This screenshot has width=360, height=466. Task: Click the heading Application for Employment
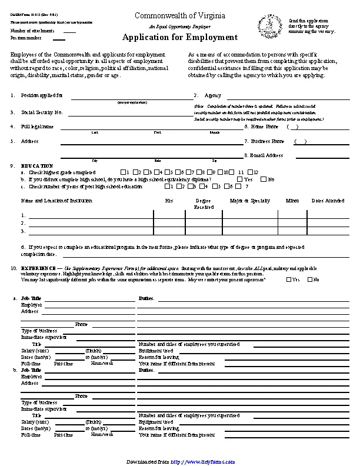click(180, 38)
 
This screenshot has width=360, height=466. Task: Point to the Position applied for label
click(42, 95)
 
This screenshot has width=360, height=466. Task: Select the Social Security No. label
click(42, 112)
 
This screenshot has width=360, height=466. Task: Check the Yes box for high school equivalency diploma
click(239, 179)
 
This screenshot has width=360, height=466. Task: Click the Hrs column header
click(169, 201)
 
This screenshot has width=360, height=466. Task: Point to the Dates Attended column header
click(328, 201)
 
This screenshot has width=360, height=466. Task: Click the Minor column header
click(292, 201)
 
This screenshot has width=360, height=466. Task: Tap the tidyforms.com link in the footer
click(203, 461)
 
